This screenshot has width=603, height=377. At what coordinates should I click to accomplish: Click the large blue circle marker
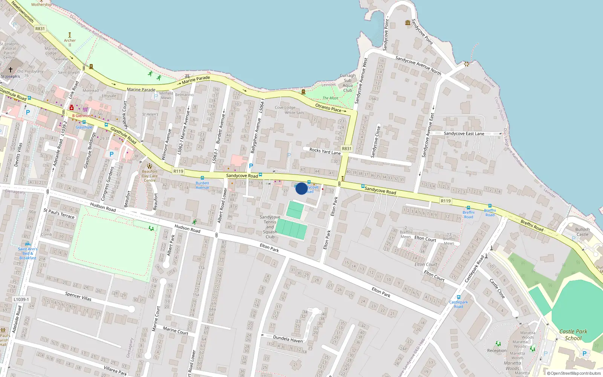301,188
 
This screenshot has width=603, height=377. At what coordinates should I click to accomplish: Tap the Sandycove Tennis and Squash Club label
270,227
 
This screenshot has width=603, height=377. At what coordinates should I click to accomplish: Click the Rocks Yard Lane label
325,151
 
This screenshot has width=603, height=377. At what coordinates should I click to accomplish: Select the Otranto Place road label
328,108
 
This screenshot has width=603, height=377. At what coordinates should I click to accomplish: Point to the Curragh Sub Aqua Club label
347,83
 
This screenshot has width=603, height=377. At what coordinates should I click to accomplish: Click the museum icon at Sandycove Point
407,23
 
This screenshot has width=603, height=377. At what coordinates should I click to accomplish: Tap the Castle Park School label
573,335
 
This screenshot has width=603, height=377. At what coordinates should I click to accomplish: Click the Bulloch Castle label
582,232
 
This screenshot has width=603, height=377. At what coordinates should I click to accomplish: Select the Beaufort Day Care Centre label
150,176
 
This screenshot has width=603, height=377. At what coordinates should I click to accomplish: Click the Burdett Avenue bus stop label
202,185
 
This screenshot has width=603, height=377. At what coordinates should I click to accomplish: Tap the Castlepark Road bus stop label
458,304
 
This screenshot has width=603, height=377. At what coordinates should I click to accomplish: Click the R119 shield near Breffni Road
445,201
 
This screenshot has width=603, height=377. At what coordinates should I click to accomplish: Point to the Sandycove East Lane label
464,133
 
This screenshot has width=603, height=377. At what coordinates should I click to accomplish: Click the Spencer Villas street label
78,296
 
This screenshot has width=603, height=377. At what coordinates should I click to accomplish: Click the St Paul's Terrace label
59,213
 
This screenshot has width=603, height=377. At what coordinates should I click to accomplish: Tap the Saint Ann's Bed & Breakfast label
28,253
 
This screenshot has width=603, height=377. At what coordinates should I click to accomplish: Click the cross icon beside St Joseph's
11,69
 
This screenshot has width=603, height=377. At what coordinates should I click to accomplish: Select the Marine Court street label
175,331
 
